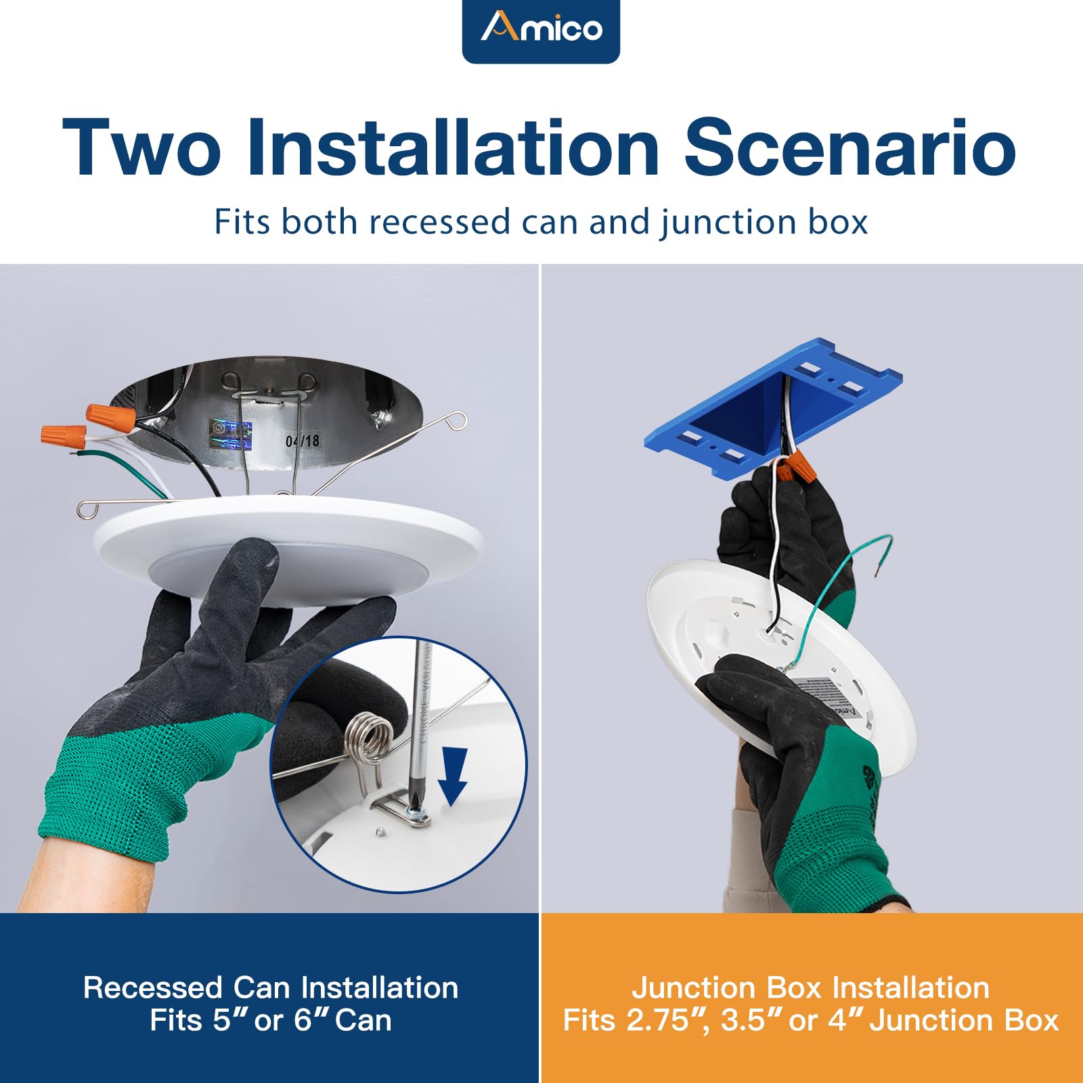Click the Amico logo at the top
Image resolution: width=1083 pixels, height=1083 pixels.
541,28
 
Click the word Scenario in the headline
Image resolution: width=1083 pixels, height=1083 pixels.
849,148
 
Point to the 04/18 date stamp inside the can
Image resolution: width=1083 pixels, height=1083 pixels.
302,441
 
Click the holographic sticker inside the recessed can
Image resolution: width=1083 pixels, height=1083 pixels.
230,435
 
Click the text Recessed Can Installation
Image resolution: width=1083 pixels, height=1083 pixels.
270,988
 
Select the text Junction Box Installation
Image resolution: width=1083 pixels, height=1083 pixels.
810,988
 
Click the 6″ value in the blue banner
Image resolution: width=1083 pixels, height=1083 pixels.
310,1021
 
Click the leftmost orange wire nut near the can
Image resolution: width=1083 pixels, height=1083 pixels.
63,435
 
